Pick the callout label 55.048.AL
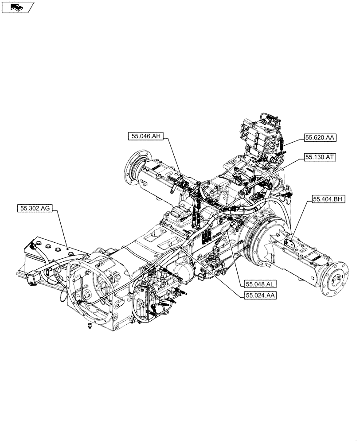pyautogui.click(x=258, y=284)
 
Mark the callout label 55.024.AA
pyautogui.click(x=260, y=295)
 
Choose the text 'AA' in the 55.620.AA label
pyautogui.click(x=329, y=138)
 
